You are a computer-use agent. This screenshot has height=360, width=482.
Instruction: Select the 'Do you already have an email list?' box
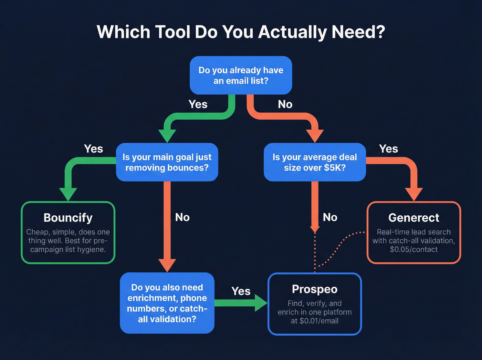click(241, 75)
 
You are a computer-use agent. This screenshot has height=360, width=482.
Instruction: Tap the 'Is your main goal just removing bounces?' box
click(167, 162)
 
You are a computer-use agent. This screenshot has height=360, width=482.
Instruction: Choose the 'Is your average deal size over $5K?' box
click(315, 162)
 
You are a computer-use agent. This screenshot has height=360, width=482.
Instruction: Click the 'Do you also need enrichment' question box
click(167, 303)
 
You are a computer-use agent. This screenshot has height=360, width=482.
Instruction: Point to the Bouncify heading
click(68, 218)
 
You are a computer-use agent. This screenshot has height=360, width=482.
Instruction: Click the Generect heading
click(413, 218)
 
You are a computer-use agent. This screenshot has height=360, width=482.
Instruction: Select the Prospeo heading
click(315, 289)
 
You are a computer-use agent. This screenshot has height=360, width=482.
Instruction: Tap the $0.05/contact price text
click(413, 249)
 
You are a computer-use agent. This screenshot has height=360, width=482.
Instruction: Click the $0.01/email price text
click(315, 321)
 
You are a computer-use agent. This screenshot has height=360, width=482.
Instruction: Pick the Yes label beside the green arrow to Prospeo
click(241, 291)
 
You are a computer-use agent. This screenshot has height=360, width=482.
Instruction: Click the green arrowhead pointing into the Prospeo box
click(261, 303)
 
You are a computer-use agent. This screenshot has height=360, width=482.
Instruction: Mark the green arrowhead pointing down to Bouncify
click(68, 194)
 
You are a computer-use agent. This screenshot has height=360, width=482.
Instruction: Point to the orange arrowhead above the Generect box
click(413, 194)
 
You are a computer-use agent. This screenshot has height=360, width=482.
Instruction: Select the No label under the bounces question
click(182, 217)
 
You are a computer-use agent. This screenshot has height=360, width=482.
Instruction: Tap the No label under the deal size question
click(330, 217)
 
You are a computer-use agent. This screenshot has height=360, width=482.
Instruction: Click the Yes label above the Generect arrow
click(389, 149)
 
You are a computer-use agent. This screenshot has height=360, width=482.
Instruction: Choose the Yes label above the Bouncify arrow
click(94, 149)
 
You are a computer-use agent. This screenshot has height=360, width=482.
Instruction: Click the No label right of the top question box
click(285, 104)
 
